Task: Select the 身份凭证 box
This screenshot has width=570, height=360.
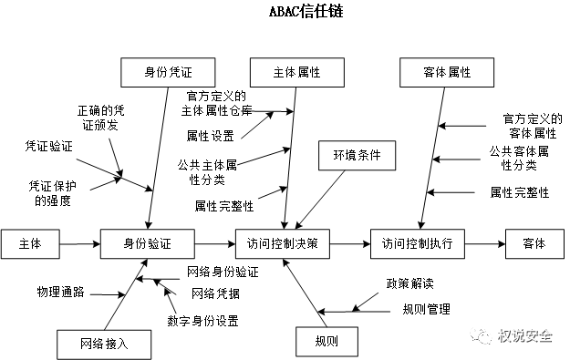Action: coord(168,72)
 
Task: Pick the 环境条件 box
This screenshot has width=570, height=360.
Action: coord(357,155)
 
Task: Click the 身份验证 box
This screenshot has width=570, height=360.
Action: coord(148,243)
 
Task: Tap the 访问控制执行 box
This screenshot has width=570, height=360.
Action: coord(418,243)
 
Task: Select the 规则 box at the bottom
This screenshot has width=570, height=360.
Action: coord(326,341)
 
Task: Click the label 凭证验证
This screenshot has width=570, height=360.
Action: coord(48,145)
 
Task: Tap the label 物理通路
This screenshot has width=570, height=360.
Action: coord(60,293)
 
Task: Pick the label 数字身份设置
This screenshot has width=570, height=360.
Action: coord(202,321)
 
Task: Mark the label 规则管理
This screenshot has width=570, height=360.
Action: coord(426,309)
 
